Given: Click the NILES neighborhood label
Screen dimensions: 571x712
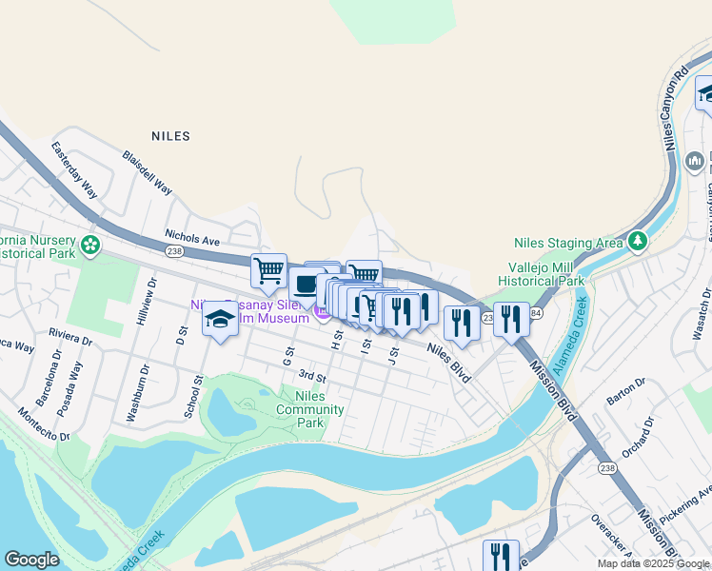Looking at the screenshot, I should point(170,136).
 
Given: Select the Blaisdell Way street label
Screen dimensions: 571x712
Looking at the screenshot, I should point(147,172).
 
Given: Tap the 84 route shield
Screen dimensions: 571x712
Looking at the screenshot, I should point(535,313).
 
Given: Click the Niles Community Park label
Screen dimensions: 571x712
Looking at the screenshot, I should point(309,409).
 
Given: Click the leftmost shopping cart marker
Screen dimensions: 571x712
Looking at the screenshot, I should point(269,270).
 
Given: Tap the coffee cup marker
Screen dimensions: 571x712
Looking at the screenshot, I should point(307,284).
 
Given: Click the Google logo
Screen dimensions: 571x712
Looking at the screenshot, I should point(32,560).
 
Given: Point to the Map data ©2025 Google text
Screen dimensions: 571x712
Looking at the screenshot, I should point(653,563).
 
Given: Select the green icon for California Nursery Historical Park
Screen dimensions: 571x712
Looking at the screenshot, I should point(90,246).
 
